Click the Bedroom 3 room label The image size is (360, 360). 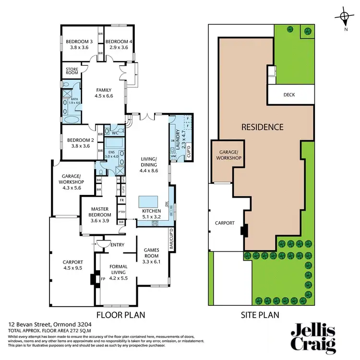(x=79, y=41)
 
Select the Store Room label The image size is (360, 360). (x=72, y=71)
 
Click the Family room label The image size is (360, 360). (x=104, y=90)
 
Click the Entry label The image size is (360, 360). (x=117, y=245)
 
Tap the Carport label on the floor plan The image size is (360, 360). (x=73, y=262)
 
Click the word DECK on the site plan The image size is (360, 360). (x=289, y=95)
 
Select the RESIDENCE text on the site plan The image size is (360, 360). (x=262, y=127)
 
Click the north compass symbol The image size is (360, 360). (x=344, y=19)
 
